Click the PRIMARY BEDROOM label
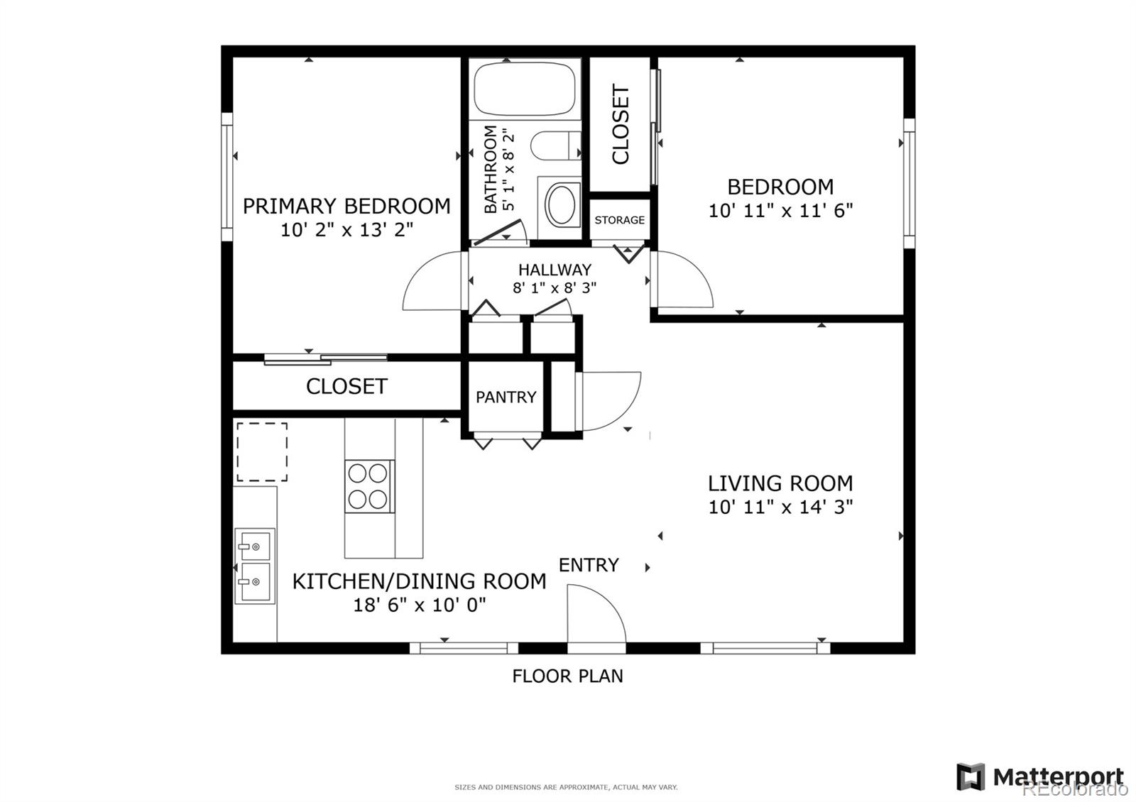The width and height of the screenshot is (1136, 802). pyautogui.click(x=346, y=206)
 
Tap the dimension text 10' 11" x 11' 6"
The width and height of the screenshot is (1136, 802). pyautogui.click(x=780, y=211)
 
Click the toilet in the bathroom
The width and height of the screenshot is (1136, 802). pyautogui.click(x=557, y=146)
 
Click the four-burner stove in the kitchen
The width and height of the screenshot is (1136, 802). pyautogui.click(x=368, y=486)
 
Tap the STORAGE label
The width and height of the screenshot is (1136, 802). pyautogui.click(x=619, y=220)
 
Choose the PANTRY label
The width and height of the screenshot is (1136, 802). pyautogui.click(x=506, y=397)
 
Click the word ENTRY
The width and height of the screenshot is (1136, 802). pyautogui.click(x=589, y=565)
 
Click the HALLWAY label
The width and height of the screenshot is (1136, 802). pyautogui.click(x=555, y=270)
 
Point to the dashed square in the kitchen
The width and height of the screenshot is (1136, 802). pyautogui.click(x=261, y=452)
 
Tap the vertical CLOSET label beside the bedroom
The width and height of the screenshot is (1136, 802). pyautogui.click(x=621, y=124)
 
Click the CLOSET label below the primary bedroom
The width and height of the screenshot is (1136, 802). pyautogui.click(x=346, y=386)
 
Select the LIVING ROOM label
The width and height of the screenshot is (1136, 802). pyautogui.click(x=780, y=483)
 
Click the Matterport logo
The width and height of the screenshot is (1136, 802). pyautogui.click(x=1040, y=776)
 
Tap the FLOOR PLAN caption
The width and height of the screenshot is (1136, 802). pyautogui.click(x=567, y=676)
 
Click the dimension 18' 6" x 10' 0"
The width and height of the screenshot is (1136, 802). pyautogui.click(x=419, y=605)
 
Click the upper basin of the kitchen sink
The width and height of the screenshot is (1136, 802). pyautogui.click(x=254, y=546)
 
